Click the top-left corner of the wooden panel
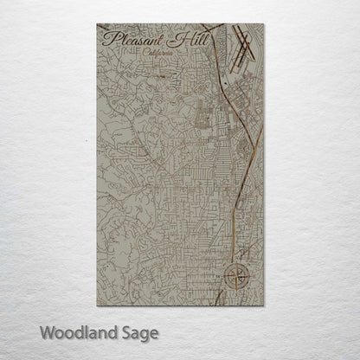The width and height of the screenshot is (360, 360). pyautogui.click(x=97, y=24)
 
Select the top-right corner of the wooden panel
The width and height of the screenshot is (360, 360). pyautogui.click(x=264, y=24)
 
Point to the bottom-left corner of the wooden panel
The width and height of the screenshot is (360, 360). pyautogui.click(x=97, y=305)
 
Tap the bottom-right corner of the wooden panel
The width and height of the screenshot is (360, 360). pyautogui.click(x=264, y=305)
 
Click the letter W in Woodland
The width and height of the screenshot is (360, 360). pyautogui.click(x=45, y=331)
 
